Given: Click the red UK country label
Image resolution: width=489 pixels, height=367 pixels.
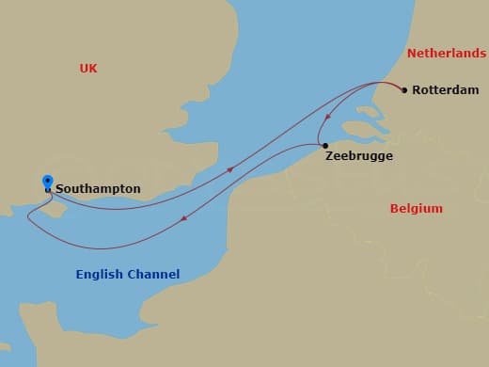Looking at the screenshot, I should (88, 68).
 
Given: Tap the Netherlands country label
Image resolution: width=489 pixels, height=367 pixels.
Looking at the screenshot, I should (447, 55).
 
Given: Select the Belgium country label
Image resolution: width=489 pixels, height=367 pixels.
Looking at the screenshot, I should (416, 208).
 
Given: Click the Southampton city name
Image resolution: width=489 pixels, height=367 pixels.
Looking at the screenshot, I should (98, 189).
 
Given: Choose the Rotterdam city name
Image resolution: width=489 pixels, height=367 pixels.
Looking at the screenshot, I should (447, 91).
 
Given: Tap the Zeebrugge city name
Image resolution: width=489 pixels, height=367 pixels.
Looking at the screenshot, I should (358, 156).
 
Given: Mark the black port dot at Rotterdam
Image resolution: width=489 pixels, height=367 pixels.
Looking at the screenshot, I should (404, 90).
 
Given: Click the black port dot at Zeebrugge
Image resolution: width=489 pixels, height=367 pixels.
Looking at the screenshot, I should (324, 146).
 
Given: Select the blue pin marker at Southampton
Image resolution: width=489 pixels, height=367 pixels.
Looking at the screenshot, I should (48, 182).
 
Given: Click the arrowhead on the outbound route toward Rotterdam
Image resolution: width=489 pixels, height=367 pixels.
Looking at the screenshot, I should (230, 170).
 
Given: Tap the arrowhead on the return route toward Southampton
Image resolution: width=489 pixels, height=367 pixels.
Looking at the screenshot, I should (184, 220).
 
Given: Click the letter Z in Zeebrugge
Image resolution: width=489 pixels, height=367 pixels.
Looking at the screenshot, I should (330, 156).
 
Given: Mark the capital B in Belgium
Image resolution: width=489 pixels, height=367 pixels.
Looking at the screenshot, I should (395, 208).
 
